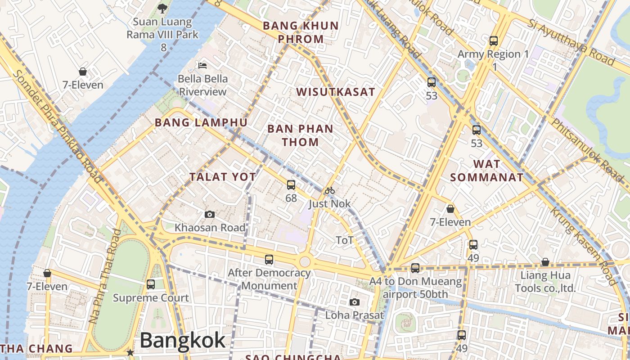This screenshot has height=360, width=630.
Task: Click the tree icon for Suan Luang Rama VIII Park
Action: [162, 8]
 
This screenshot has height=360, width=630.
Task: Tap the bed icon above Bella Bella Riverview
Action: [202, 65]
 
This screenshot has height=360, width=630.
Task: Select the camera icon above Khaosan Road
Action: [209, 214]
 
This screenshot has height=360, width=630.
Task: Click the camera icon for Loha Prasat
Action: [355, 302]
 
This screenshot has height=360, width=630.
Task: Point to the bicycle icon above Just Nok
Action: [329, 190]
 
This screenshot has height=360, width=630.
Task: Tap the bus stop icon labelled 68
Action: [291, 184]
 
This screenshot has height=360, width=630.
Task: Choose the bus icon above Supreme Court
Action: [151, 284]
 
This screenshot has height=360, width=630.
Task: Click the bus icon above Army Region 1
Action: [494, 41]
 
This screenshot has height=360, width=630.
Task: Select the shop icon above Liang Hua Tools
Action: [545, 262]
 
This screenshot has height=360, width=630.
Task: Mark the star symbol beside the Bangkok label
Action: [130, 352]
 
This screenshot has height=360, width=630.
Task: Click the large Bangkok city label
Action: [182, 341]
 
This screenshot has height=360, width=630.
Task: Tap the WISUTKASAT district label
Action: [335, 92]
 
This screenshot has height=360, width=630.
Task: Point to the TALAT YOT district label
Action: [223, 177]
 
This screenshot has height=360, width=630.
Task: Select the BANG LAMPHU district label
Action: [201, 122]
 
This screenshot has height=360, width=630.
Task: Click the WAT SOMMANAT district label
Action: [487, 171]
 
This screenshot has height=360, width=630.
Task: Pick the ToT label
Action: [345, 240]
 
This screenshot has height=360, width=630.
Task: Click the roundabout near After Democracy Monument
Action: [305, 261]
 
